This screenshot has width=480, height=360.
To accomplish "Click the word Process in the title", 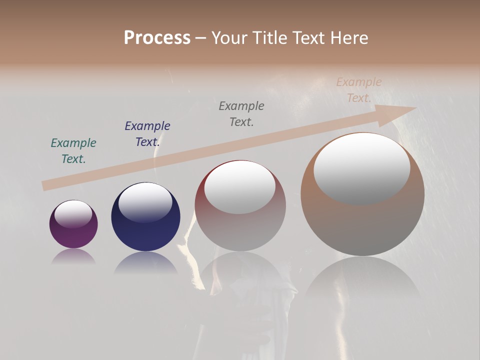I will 157,38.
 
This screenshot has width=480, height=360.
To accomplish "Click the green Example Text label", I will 73,151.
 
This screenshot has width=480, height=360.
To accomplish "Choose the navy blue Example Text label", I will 147,134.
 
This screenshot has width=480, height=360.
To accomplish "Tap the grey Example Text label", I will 241,113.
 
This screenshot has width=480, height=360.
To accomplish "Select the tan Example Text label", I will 359,90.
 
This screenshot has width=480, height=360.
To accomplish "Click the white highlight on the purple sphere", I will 73,214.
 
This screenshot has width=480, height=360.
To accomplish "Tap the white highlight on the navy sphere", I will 145,202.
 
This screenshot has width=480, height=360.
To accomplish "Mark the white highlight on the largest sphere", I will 362,168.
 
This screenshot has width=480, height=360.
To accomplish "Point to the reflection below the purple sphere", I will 73,256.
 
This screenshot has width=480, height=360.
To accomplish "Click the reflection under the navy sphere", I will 145,262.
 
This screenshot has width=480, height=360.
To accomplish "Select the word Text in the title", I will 307,38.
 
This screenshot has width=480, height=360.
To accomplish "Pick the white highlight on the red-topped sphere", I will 240,186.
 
